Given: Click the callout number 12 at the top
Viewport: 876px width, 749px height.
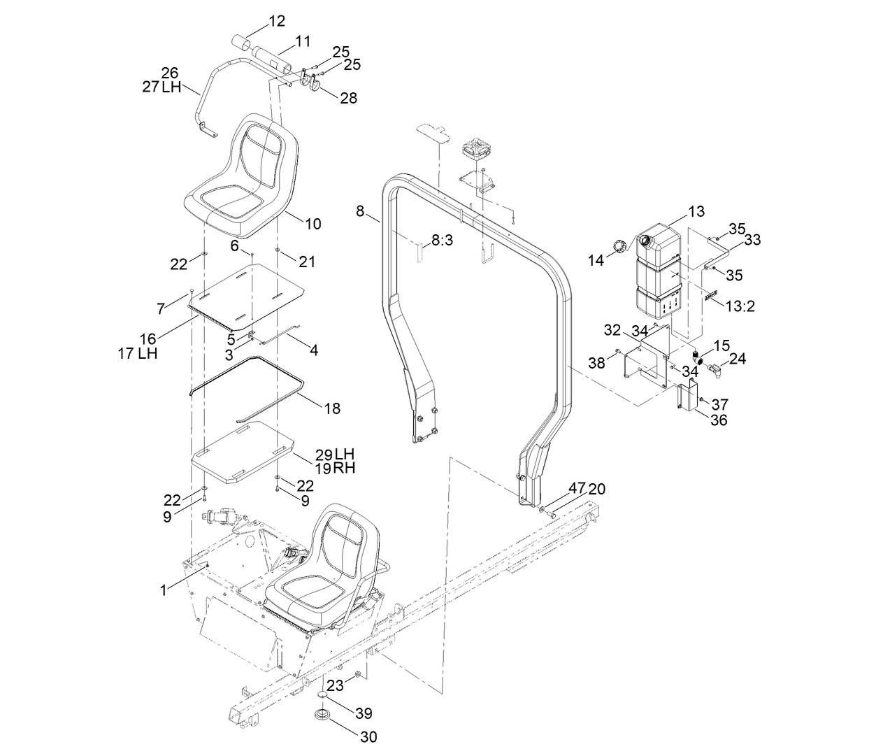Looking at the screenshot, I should click(277, 21).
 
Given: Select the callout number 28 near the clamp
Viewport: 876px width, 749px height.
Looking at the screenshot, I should click(348, 98).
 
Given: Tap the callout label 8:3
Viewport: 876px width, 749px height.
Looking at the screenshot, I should click(442, 240).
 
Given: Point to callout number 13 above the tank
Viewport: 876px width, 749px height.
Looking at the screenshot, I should click(696, 211).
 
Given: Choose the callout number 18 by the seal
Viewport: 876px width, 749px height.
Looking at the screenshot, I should click(332, 408).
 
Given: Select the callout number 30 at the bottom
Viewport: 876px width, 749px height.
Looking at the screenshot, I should click(368, 736).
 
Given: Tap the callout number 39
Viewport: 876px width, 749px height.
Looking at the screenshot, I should click(363, 713).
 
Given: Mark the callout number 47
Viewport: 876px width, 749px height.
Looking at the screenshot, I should click(575, 487).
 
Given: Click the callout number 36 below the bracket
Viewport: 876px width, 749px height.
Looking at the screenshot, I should click(718, 420).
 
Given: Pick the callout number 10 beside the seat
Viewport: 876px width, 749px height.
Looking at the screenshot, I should click(313, 224).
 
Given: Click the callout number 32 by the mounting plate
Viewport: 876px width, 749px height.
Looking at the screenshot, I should click(612, 329).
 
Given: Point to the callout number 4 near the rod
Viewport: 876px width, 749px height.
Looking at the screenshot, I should click(313, 350).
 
